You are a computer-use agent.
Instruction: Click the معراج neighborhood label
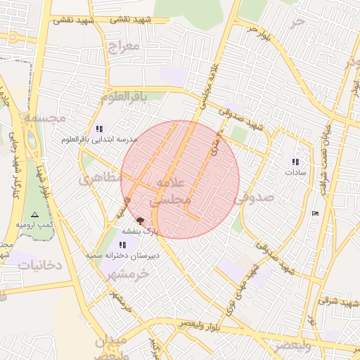[x=125, y=46]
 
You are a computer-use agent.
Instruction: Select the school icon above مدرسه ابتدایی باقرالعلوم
[x=99, y=129]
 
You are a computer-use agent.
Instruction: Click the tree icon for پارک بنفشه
[x=139, y=220]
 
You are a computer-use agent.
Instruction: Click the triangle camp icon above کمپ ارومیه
[x=35, y=214]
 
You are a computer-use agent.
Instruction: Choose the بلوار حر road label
[x=257, y=32]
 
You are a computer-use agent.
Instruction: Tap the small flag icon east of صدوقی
[x=314, y=212]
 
